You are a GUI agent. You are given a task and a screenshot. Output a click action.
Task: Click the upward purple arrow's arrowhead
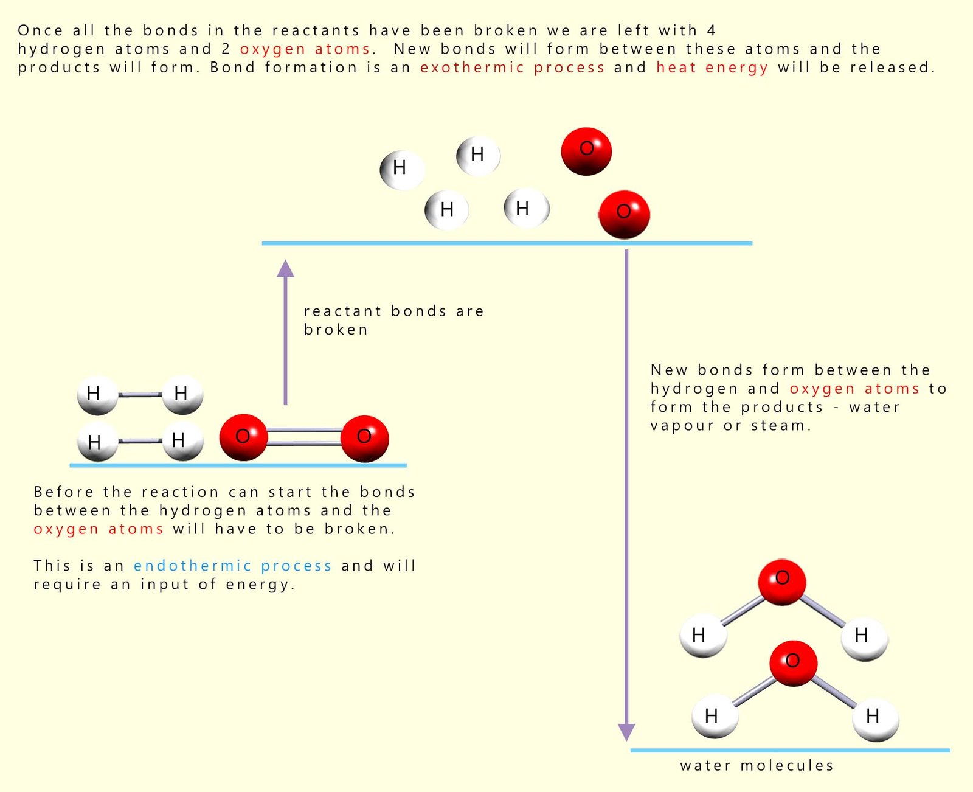pyautogui.click(x=285, y=269)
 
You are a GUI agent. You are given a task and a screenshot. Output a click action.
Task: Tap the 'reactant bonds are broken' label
pyautogui.click(x=393, y=320)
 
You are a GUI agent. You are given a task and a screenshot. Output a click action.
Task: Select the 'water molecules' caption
pyautogui.click(x=757, y=765)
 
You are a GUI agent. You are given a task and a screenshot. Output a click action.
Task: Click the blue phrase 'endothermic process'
pyautogui.click(x=232, y=566)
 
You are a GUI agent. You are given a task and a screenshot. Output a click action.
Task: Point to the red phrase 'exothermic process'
pyautogui.click(x=512, y=67)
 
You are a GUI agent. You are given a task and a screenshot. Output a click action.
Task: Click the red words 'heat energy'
pyautogui.click(x=712, y=67)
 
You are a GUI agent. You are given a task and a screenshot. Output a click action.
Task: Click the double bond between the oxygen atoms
pyautogui.click(x=304, y=437)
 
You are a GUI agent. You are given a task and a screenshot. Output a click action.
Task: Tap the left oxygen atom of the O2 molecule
pyautogui.click(x=243, y=437)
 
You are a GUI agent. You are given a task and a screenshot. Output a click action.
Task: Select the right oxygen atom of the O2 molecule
pyautogui.click(x=364, y=438)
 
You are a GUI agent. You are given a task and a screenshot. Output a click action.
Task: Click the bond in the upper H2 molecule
pyautogui.click(x=139, y=395)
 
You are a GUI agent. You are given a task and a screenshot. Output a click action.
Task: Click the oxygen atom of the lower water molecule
pyautogui.click(x=793, y=663)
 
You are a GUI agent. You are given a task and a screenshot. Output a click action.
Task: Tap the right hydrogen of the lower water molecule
pyautogui.click(x=874, y=718)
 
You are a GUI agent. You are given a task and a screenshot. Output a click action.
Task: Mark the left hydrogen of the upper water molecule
pyautogui.click(x=702, y=636)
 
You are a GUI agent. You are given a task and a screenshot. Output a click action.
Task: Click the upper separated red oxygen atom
pyautogui.click(x=586, y=151)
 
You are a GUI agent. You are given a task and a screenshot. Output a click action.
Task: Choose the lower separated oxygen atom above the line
pyautogui.click(x=624, y=214)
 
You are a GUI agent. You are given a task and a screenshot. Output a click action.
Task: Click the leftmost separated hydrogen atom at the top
pyautogui.click(x=401, y=170)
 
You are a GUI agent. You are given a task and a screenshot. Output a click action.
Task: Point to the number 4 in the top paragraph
pyautogui.click(x=711, y=30)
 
